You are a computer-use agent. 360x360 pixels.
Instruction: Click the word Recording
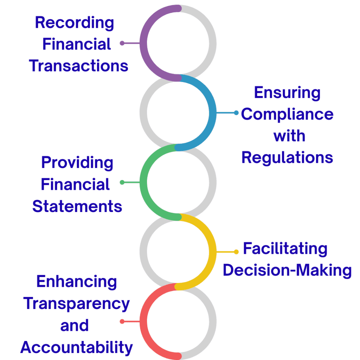[x=75, y=23]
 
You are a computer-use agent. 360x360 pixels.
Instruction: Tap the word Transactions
[x=79, y=66]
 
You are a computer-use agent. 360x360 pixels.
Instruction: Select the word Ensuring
[x=287, y=93]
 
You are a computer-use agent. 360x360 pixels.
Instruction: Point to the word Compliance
[x=287, y=115]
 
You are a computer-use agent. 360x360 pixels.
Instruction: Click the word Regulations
[x=287, y=157]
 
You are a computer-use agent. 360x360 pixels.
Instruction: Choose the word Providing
[x=77, y=163]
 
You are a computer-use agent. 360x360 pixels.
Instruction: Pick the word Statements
[x=77, y=206]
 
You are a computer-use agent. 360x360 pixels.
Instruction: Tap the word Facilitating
[x=285, y=249]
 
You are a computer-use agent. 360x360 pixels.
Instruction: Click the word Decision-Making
[x=287, y=270]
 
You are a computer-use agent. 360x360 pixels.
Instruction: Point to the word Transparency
[x=77, y=304]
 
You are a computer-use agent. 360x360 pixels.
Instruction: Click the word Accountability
[x=77, y=347]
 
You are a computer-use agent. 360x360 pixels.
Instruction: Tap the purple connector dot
[x=122, y=43]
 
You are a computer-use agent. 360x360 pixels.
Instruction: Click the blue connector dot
[x=236, y=113]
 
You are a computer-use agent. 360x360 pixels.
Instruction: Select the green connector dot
[x=122, y=182]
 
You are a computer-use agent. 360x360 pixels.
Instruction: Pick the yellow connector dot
[x=236, y=252]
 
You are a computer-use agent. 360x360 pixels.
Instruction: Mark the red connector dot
[x=122, y=321]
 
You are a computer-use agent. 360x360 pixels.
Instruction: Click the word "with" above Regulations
[x=289, y=136]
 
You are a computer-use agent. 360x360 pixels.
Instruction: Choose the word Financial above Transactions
[x=77, y=44]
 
